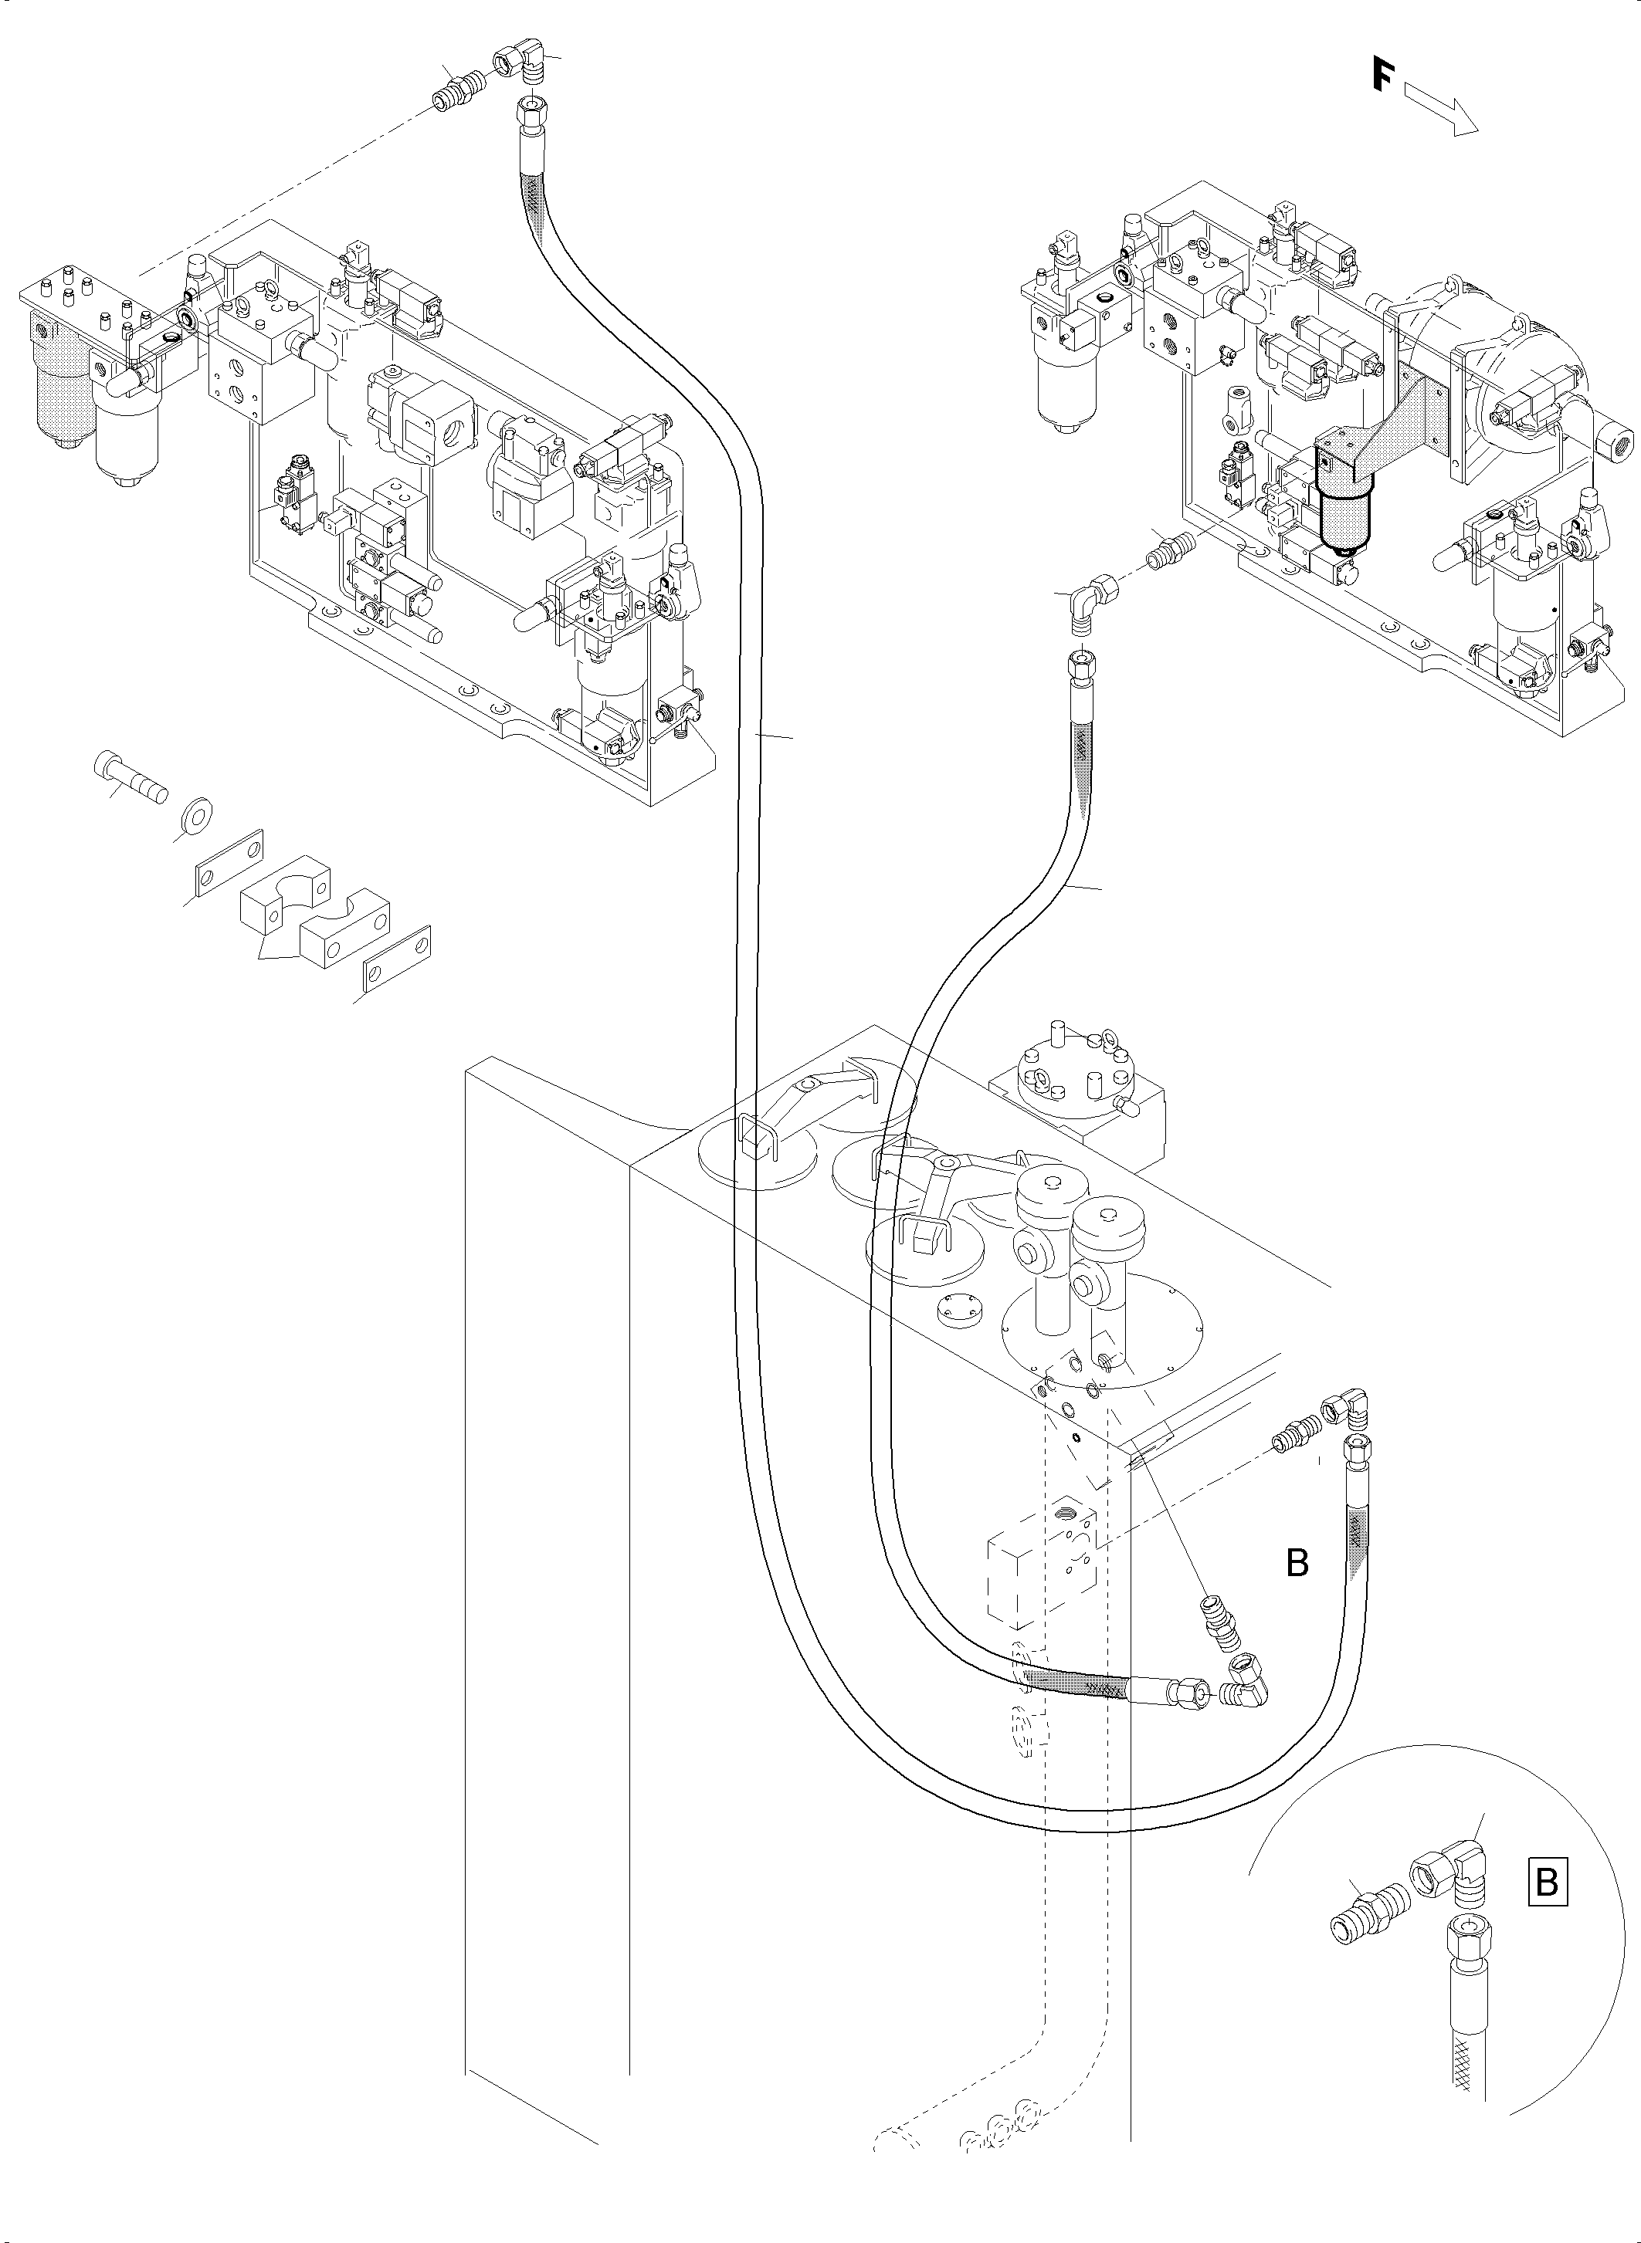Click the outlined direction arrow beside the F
[x=1443, y=110]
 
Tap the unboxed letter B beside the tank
[x=1297, y=1564]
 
